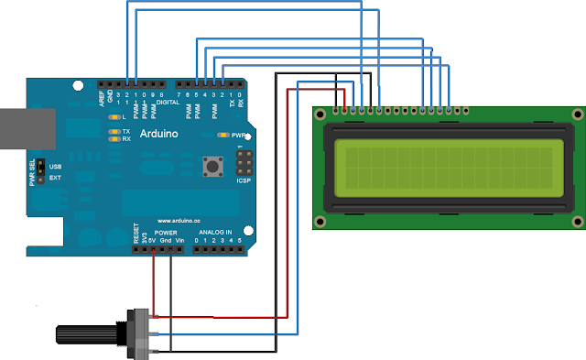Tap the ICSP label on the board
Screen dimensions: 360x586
click(244, 180)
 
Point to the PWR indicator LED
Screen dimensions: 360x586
click(222, 135)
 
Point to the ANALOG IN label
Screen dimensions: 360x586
click(216, 233)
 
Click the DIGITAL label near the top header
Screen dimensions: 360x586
click(168, 103)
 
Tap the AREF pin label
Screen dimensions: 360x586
click(102, 94)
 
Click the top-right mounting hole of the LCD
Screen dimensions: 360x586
click(575, 115)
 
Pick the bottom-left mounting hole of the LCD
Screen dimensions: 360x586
click(320, 222)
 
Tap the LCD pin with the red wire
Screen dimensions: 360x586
click(344, 112)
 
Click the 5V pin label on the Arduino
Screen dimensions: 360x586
click(153, 241)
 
